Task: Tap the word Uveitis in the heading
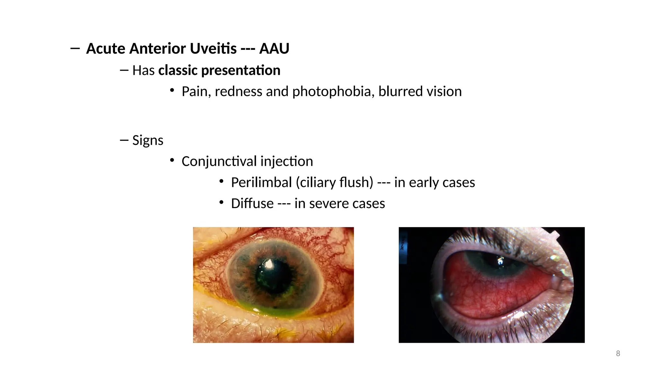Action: [x=213, y=48]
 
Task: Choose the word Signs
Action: [x=148, y=140]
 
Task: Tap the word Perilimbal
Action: [x=261, y=182]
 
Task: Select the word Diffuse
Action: [x=252, y=204]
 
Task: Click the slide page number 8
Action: [x=618, y=354]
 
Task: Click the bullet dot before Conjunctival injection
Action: [x=172, y=160]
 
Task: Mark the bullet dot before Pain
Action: [x=172, y=90]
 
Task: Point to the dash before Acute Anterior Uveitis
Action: [x=75, y=48]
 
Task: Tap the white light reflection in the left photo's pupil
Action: [x=269, y=264]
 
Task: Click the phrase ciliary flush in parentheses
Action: [x=334, y=182]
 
